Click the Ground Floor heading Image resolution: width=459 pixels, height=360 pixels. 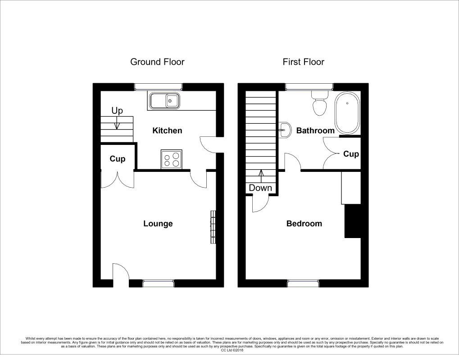point(157,62)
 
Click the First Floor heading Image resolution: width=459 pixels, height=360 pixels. point(303,62)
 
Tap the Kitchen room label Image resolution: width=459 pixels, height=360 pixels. point(167,131)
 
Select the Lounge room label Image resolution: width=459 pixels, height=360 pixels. point(158,224)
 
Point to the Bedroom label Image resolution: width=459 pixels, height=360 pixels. point(304,224)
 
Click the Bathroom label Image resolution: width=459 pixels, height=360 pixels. point(315,131)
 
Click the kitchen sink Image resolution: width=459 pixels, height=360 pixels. point(164,100)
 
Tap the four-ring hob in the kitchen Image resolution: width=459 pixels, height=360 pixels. point(172,160)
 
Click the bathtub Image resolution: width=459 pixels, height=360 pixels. point(347,112)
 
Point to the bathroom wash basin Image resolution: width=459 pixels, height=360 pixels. point(284,130)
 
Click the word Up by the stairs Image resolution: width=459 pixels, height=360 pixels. point(117,111)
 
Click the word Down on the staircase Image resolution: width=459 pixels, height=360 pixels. point(260,188)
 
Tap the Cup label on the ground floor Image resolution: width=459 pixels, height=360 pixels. point(117,159)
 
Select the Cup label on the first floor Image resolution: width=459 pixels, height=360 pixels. point(351,154)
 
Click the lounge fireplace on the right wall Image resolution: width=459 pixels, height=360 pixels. point(213,227)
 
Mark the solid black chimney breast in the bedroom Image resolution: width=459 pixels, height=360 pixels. point(353,221)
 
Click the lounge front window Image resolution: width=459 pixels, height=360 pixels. point(158,283)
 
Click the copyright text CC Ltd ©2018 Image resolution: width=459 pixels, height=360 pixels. point(229,350)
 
